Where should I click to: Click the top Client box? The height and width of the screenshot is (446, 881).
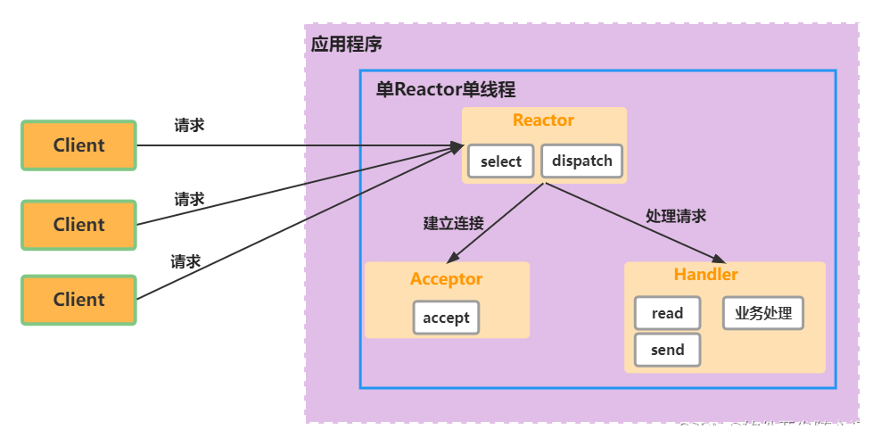78,145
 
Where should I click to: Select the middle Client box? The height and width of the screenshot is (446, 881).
78,225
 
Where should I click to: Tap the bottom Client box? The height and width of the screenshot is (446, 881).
78,300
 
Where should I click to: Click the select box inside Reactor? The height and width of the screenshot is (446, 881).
500,161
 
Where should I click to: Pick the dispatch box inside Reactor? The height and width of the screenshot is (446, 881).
581,161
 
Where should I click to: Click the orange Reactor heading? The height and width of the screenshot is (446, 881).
543,120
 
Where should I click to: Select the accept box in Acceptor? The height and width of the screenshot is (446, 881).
446,318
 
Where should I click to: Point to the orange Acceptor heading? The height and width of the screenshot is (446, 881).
446,279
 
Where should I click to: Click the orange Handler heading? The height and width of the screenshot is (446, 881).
705,275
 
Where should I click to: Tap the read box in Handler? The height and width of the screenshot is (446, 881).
667,313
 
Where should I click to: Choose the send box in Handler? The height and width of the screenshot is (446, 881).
667,350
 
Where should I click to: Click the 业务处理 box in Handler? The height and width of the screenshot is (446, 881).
762,313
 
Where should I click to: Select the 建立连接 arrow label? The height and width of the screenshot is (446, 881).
453,223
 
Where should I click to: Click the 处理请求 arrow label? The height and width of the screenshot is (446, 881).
675,216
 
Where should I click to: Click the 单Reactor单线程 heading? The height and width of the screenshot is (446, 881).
445,90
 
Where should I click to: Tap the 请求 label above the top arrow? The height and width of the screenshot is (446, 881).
189,125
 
